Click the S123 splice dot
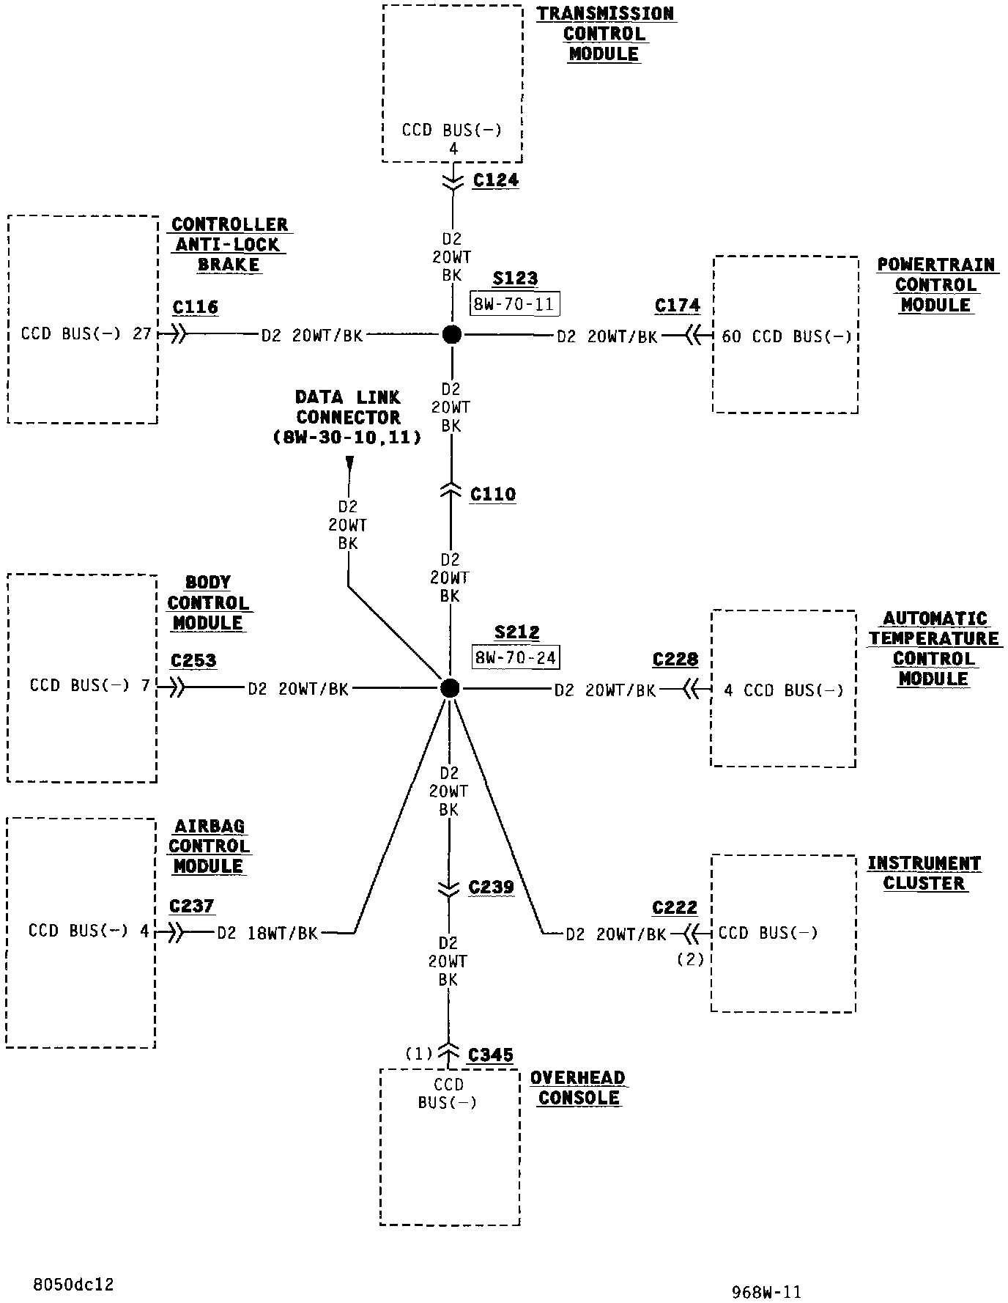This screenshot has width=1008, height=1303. [452, 335]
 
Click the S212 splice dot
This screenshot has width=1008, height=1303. [451, 688]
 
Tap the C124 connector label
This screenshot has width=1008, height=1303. [495, 180]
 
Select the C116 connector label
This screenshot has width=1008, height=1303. [196, 307]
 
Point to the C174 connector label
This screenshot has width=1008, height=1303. [678, 306]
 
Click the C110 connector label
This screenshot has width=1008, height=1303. [493, 495]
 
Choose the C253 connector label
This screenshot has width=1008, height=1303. [193, 661]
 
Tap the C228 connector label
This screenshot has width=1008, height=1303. [675, 660]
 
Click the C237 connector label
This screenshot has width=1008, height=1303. [192, 907]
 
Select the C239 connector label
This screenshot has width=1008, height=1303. [492, 888]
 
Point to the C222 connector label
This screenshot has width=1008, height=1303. [675, 908]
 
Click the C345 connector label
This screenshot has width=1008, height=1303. [490, 1055]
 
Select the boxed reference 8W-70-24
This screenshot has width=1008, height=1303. [516, 657]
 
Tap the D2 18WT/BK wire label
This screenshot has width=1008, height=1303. [267, 934]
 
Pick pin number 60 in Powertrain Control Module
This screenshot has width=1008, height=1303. [732, 336]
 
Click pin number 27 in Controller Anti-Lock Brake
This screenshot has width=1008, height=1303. [142, 334]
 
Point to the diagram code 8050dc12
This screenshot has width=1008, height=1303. [73, 1285]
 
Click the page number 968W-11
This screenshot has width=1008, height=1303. [766, 1292]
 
